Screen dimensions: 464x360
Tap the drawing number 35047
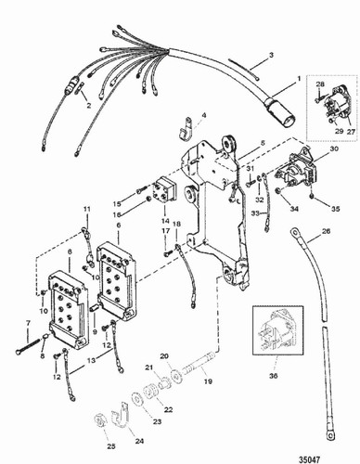[337, 456]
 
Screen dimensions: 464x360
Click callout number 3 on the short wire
[272, 58]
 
